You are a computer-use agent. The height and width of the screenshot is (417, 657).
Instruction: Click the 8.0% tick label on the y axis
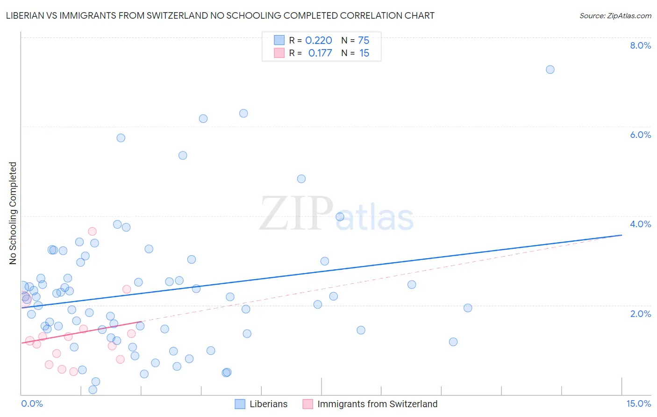click(640, 45)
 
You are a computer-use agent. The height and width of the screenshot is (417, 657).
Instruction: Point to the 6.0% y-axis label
click(640, 135)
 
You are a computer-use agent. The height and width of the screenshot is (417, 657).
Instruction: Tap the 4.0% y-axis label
click(640, 224)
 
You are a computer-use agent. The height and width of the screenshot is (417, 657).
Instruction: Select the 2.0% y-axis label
click(640, 313)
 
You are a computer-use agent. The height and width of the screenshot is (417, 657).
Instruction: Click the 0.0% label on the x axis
click(32, 403)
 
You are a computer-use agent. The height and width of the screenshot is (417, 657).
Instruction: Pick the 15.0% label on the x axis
click(638, 403)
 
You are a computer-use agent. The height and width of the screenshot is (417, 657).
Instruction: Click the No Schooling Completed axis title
click(13, 213)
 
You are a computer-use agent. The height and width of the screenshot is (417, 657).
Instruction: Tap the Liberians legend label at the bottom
click(268, 404)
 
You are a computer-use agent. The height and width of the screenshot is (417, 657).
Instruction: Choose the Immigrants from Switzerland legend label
click(377, 404)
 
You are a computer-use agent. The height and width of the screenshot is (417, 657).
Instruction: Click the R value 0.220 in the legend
click(319, 40)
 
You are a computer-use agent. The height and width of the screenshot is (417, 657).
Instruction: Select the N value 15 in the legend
click(364, 53)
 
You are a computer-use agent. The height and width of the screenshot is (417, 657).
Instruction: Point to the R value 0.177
click(320, 53)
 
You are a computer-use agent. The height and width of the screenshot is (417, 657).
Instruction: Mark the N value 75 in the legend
click(364, 40)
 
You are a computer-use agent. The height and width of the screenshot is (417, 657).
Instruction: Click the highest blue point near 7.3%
click(550, 70)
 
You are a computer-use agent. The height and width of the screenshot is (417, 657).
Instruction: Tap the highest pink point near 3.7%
click(92, 231)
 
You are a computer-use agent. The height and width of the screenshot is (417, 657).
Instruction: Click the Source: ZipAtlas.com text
click(615, 16)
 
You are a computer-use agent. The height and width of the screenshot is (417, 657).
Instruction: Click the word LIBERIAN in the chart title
click(26, 16)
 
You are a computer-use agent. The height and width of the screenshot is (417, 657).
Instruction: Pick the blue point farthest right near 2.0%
click(468, 308)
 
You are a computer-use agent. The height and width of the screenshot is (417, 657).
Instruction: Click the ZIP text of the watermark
click(296, 214)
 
